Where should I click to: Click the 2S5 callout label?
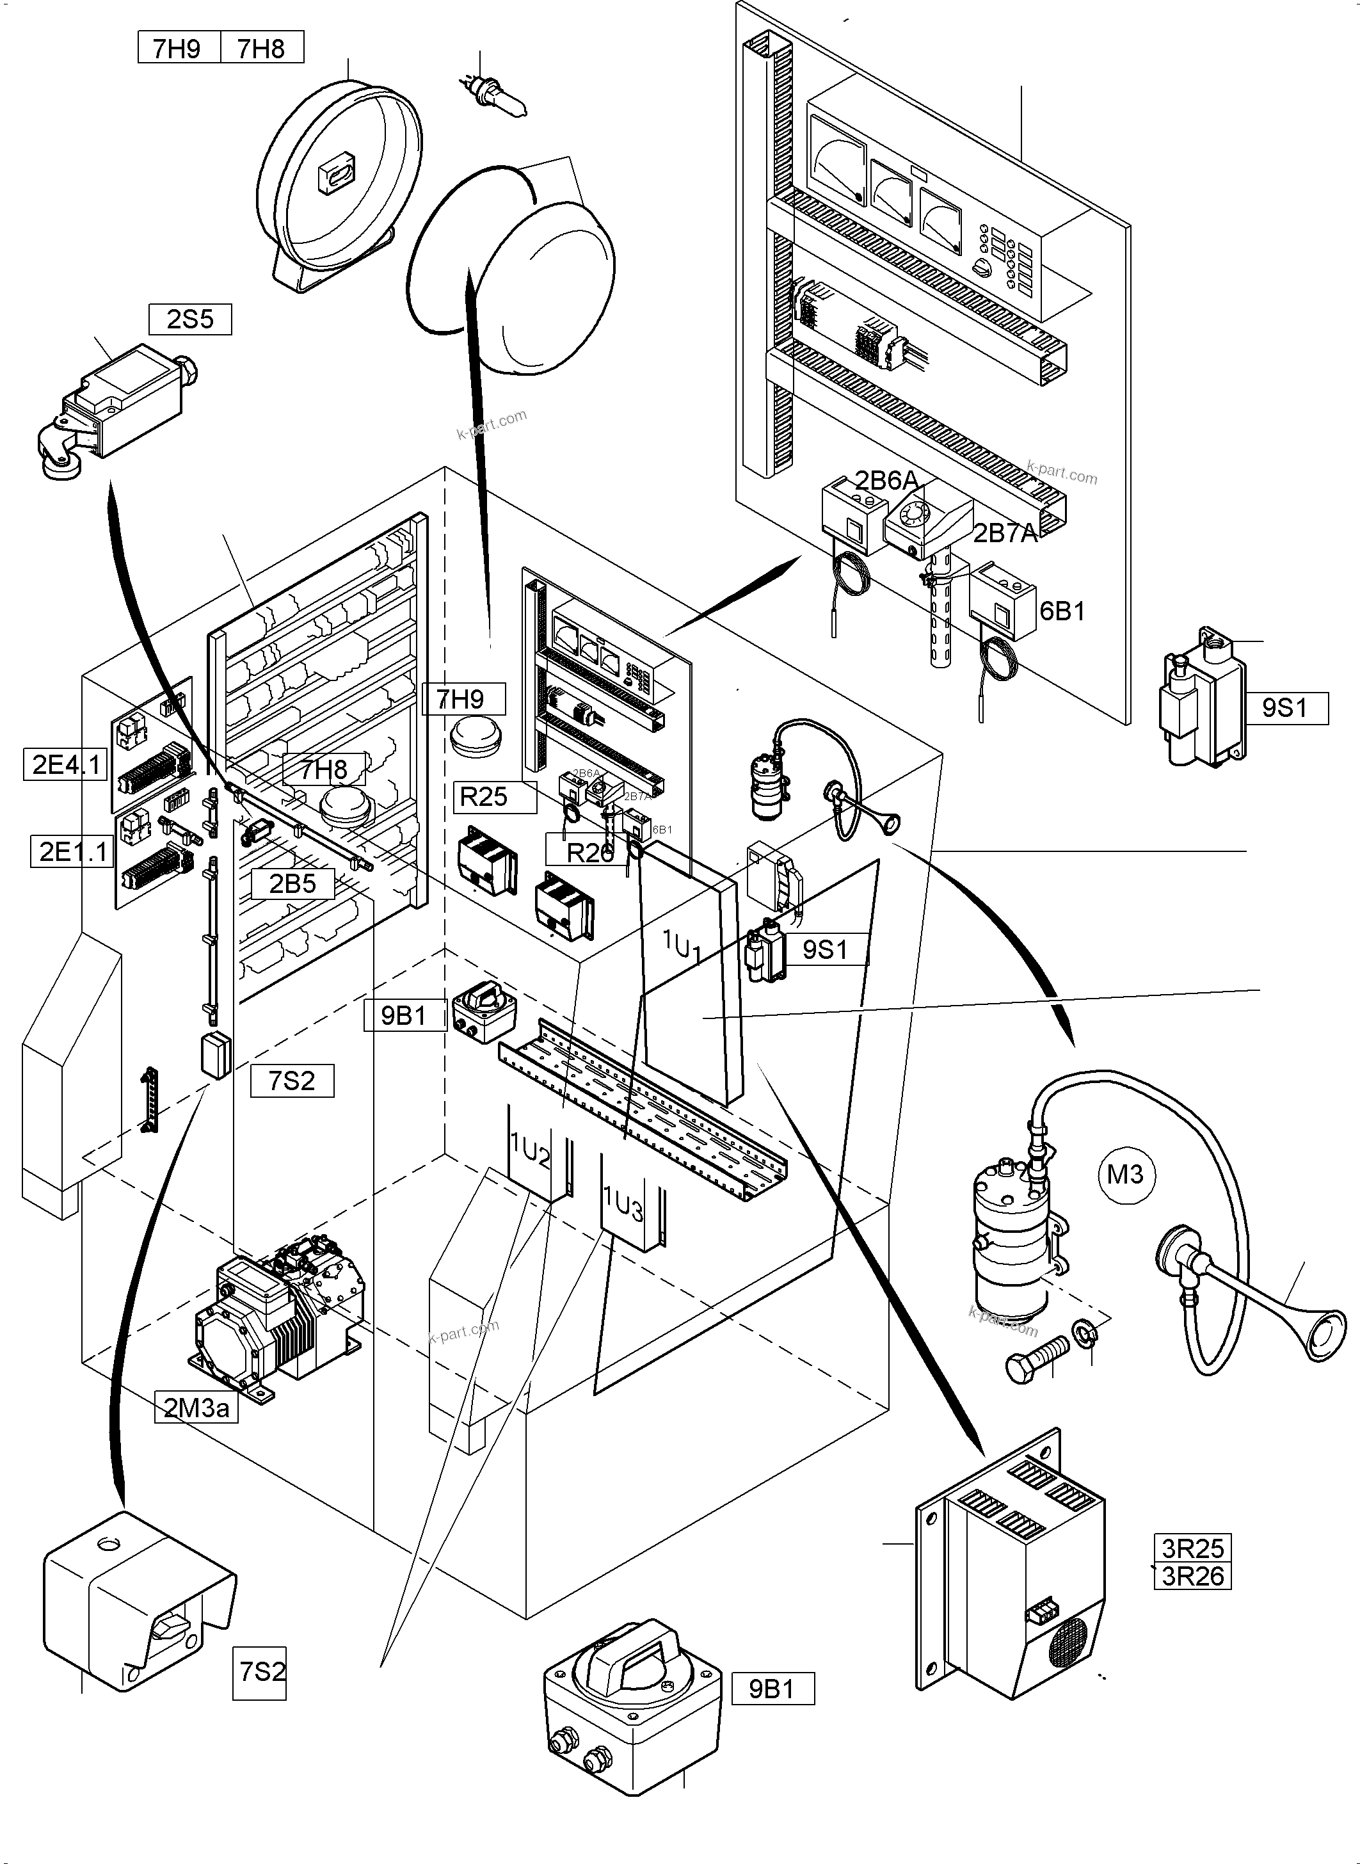coord(189,319)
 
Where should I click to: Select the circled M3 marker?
coord(1125,1174)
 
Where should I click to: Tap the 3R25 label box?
coord(1192,1548)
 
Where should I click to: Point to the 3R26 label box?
coord(1192,1576)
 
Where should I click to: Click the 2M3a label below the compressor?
coord(196,1408)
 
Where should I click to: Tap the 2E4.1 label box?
coord(65,765)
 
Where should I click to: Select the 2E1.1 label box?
coord(72,851)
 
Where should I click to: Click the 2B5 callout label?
coord(292,883)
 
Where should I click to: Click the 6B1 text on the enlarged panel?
coord(1062,611)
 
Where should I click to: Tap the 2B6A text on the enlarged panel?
coord(886,481)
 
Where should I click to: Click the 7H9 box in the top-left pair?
coord(177,49)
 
